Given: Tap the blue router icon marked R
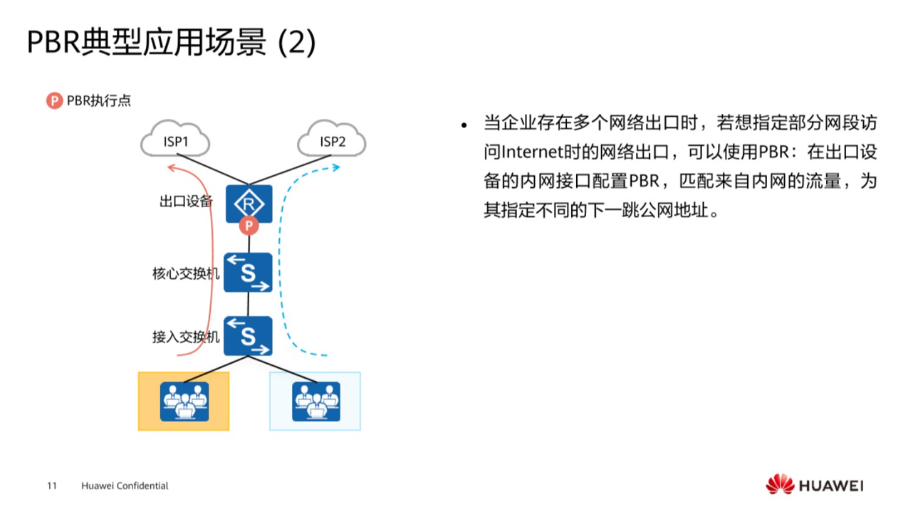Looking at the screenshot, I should click(x=249, y=204).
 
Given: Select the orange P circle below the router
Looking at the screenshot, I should click(x=249, y=226).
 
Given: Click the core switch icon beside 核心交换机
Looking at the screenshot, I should click(x=248, y=273).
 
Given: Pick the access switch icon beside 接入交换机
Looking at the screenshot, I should click(x=248, y=336).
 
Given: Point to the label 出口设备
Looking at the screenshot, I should click(x=186, y=201).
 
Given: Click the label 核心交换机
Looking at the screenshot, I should click(x=186, y=273).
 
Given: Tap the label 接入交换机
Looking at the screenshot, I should click(x=186, y=337).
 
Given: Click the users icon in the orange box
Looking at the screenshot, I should click(x=184, y=402).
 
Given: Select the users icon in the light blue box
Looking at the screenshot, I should click(x=315, y=402).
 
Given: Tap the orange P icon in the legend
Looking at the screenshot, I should click(x=55, y=100).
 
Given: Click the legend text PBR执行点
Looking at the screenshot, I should click(x=99, y=100).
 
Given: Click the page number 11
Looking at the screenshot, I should click(x=51, y=486).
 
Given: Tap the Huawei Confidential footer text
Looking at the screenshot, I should click(x=125, y=486).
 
